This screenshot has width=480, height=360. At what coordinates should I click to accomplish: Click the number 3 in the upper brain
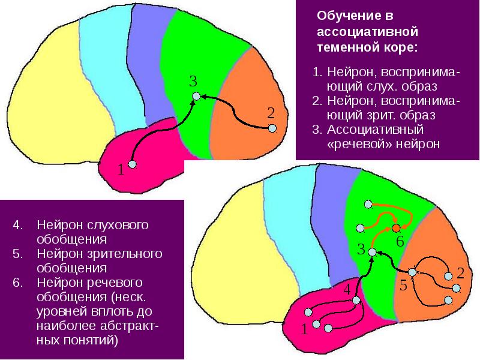(193, 82)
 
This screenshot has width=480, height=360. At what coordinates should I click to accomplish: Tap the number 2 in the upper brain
(271, 112)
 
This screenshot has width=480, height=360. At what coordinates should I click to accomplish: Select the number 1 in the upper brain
(121, 170)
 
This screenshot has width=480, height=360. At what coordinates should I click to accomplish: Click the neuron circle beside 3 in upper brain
(195, 96)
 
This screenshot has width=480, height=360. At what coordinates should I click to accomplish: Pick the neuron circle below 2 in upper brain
(272, 128)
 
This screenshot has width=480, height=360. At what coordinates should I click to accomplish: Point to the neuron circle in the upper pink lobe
(133, 164)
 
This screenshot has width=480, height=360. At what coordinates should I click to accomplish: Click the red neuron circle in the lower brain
(396, 228)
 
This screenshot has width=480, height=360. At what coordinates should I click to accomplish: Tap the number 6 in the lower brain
(400, 242)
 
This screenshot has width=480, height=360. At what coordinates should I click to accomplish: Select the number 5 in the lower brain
(403, 286)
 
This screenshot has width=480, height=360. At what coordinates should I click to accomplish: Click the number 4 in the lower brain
(346, 289)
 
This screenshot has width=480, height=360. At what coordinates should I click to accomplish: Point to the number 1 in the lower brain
(304, 329)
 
